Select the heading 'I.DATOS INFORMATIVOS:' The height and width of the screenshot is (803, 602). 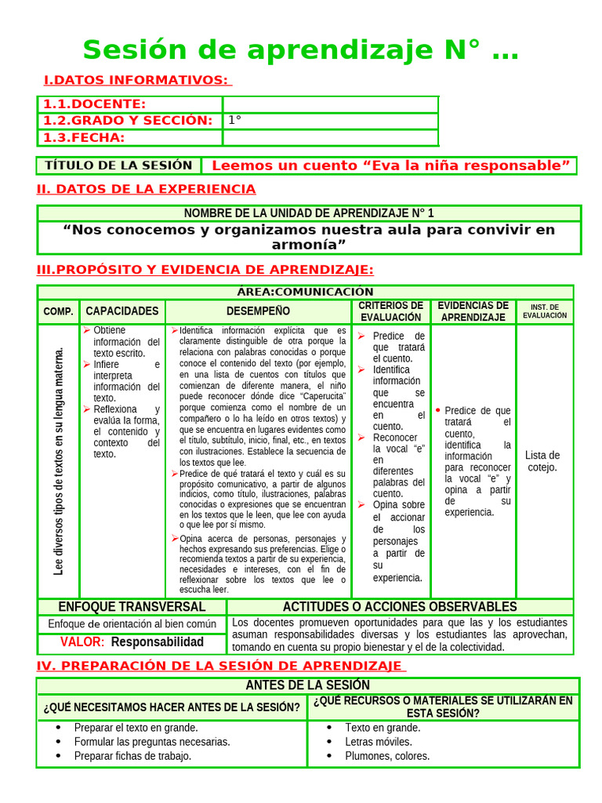[x=136, y=80]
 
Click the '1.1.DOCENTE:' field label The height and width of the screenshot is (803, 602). [x=94, y=104]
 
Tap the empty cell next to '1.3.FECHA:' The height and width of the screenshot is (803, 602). [x=330, y=138]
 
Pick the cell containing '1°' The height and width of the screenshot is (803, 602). [x=330, y=121]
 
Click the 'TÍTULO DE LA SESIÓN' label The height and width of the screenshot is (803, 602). [x=118, y=165]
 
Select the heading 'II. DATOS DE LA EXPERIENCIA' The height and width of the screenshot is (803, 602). [x=147, y=189]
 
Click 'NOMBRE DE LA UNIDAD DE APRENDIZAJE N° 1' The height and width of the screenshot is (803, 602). [x=309, y=213]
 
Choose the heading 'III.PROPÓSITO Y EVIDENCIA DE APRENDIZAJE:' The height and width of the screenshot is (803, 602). [x=205, y=270]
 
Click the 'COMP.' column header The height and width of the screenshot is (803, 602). [x=59, y=311]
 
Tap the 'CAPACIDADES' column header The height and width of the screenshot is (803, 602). [x=122, y=311]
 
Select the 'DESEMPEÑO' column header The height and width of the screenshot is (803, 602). [x=258, y=311]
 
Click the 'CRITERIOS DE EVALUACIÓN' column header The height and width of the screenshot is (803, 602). [x=391, y=311]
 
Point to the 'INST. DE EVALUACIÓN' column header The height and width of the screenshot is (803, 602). [x=545, y=311]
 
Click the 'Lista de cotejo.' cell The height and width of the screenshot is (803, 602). [x=542, y=461]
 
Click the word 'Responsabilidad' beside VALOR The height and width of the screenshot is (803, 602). [x=157, y=641]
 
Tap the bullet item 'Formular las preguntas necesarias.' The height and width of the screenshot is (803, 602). [x=152, y=741]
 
